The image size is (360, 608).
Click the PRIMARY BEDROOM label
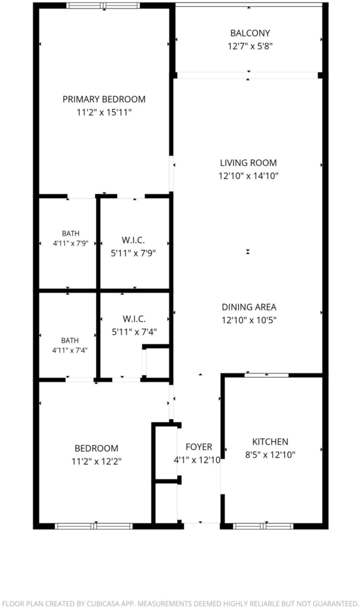[104, 99]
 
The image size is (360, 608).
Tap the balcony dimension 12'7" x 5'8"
[250, 46]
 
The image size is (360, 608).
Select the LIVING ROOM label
[248, 163]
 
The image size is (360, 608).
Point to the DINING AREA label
[249, 307]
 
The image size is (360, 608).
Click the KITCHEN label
[270, 442]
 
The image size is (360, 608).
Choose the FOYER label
[198, 447]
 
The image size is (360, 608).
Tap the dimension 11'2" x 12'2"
[97, 461]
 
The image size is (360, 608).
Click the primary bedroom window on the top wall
[103, 5]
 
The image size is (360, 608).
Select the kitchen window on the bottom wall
[263, 526]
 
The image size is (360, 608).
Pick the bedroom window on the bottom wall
[94, 526]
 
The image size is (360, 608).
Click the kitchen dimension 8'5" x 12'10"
[270, 455]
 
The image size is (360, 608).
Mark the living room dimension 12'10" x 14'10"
[248, 176]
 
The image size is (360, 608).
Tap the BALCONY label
[250, 33]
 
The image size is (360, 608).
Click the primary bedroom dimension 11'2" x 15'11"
[104, 113]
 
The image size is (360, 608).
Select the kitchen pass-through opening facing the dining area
[267, 375]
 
